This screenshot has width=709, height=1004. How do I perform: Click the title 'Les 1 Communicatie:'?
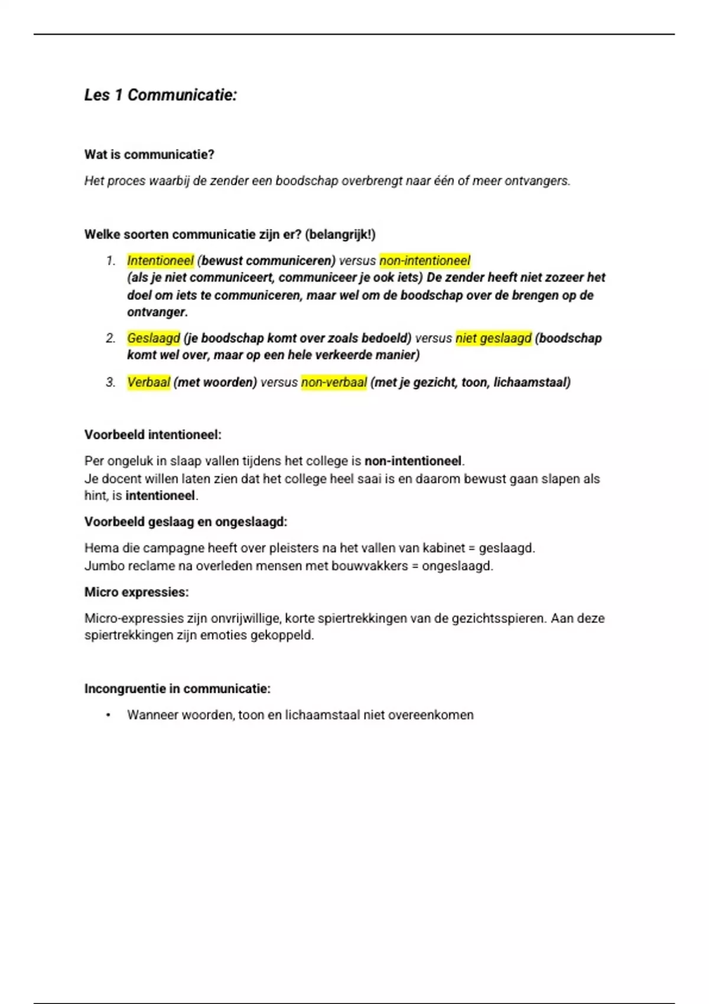pos(160,95)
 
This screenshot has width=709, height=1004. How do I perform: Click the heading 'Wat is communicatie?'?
pos(149,155)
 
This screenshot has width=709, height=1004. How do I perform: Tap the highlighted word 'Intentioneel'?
pos(160,260)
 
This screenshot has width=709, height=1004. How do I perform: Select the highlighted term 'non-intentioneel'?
pos(425,260)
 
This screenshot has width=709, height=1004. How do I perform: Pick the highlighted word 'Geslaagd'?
pos(154,338)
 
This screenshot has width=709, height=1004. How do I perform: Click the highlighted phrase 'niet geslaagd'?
pos(493,338)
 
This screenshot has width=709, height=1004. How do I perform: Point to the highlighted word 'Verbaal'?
pos(149,383)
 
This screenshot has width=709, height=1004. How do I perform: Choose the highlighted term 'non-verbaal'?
pos(334,383)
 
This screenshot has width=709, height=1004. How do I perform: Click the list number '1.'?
pos(110,260)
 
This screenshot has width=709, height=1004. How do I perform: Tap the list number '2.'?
pos(110,338)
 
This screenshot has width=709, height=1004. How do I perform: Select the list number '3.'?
pos(110,383)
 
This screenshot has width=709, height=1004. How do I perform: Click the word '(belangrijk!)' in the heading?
pos(340,234)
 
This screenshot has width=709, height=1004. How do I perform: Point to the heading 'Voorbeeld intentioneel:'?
pos(153,435)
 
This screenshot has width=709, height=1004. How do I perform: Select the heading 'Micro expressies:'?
pos(136,592)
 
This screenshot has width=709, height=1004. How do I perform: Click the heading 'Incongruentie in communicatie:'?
pos(177,689)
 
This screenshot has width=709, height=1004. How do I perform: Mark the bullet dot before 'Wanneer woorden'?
pos(108,715)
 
